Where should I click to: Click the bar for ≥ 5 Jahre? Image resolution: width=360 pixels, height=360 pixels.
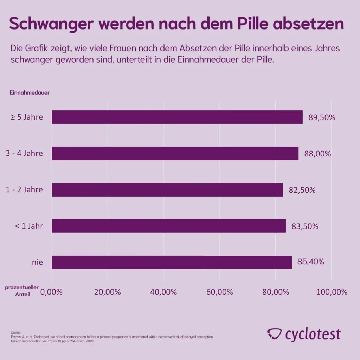click(177, 117)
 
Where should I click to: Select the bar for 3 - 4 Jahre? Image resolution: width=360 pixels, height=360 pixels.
click(175, 153)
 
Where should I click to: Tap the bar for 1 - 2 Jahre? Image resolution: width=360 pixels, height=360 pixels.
click(167, 190)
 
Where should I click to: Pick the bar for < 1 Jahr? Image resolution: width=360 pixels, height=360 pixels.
click(169, 226)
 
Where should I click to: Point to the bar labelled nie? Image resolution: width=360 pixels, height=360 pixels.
click(172, 262)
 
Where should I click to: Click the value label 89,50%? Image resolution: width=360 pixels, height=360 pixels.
click(322, 117)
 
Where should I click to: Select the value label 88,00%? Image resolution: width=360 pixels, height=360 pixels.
click(317, 154)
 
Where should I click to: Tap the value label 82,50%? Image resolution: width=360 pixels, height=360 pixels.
click(302, 190)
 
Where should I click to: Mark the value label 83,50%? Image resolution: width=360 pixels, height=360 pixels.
click(305, 226)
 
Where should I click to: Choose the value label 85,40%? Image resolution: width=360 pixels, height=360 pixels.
click(311, 262)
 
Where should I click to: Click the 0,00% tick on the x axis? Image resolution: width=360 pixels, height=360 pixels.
click(52, 292)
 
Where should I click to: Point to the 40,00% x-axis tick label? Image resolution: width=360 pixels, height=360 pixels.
click(163, 292)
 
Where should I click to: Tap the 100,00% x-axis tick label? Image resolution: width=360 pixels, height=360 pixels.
click(332, 292)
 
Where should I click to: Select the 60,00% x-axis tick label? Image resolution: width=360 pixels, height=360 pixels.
click(219, 292)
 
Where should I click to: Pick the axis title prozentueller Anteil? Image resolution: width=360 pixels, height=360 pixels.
click(22, 291)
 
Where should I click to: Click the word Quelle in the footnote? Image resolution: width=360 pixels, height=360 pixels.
click(16, 332)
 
